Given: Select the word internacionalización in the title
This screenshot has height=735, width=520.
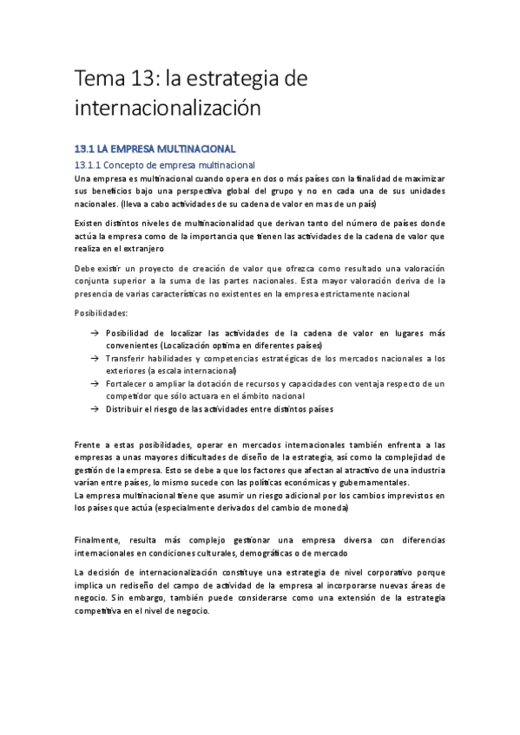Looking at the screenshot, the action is [168, 109].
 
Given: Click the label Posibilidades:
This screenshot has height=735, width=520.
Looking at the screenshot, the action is [101, 313].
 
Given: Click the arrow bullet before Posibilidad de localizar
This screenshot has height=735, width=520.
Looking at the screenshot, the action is [94, 334].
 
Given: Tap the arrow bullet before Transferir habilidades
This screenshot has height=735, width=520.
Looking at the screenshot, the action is [94, 358].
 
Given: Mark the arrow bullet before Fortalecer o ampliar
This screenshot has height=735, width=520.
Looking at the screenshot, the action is [94, 383].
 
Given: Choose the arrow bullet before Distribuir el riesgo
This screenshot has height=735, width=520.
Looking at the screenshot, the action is [94, 408].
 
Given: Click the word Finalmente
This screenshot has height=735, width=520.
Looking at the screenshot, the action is [107, 539].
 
